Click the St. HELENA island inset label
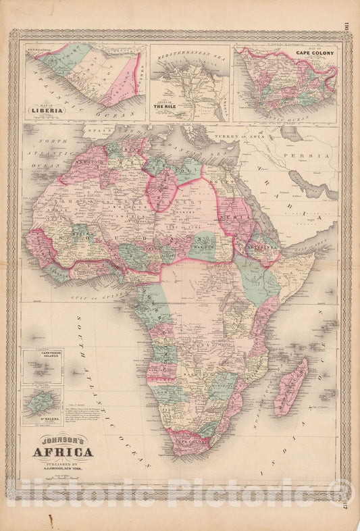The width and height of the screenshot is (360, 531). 42,424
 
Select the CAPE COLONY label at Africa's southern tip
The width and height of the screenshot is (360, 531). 190,433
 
